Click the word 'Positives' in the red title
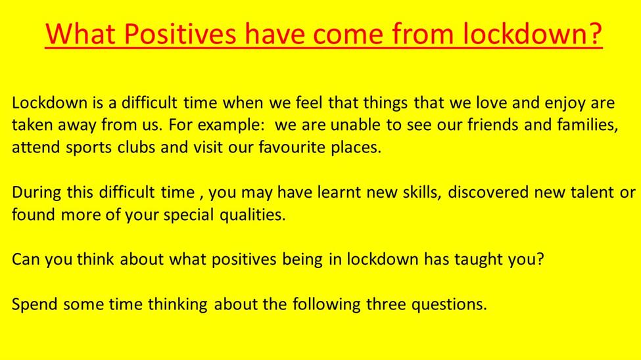click(180, 34)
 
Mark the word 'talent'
click(592, 192)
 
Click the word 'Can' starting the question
click(26, 259)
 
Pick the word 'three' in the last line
click(386, 304)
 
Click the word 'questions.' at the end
click(449, 305)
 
